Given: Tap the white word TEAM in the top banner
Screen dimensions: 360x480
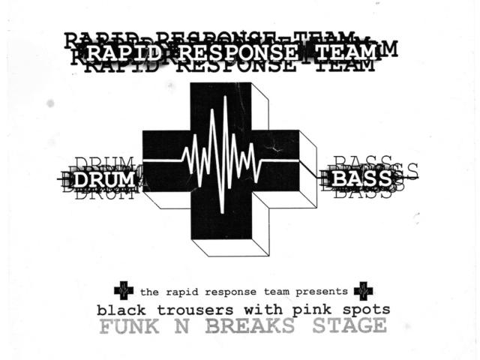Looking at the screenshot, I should tap(346, 52).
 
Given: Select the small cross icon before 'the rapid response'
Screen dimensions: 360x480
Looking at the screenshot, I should tap(123, 290).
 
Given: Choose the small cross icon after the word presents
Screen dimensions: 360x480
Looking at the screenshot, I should tap(363, 290).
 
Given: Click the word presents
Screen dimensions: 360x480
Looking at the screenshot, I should tap(321, 291).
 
